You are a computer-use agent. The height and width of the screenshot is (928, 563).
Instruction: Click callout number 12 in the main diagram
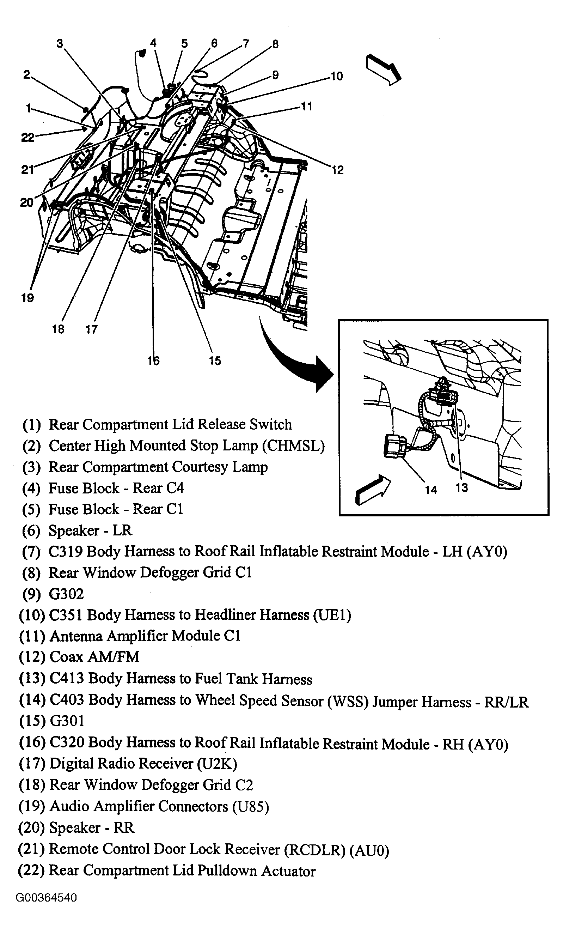[x=338, y=170]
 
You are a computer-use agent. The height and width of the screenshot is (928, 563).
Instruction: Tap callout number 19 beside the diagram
[x=27, y=298]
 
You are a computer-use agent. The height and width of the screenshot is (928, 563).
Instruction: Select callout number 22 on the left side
[x=27, y=138]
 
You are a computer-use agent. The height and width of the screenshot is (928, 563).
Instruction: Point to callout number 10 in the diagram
[x=336, y=77]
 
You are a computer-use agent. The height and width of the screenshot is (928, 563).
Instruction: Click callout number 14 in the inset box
[x=431, y=490]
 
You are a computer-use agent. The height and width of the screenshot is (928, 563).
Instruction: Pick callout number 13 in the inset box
[x=462, y=488]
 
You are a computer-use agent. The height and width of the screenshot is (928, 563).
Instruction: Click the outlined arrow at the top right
[x=384, y=69]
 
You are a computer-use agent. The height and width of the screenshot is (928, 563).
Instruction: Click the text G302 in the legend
[x=66, y=594]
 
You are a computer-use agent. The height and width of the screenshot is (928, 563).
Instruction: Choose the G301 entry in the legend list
[x=67, y=721]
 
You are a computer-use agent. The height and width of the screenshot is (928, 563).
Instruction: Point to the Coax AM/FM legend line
[x=94, y=657]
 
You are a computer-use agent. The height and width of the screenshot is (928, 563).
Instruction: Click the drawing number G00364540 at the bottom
[x=46, y=898]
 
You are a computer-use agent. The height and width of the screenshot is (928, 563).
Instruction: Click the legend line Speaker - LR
[x=90, y=530]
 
